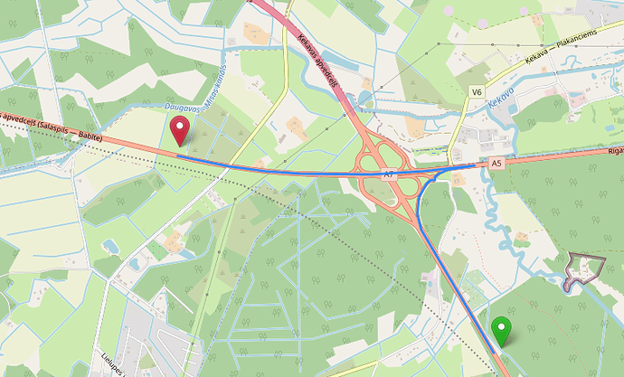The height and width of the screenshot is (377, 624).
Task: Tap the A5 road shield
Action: click(496, 164)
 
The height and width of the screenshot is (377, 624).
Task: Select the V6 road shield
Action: click(477, 91)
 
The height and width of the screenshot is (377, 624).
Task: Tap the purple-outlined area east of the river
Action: click(582, 271)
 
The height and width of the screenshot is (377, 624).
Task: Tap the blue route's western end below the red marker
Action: click(178, 156)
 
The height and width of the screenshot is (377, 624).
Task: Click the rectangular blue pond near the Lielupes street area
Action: click(110, 246)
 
